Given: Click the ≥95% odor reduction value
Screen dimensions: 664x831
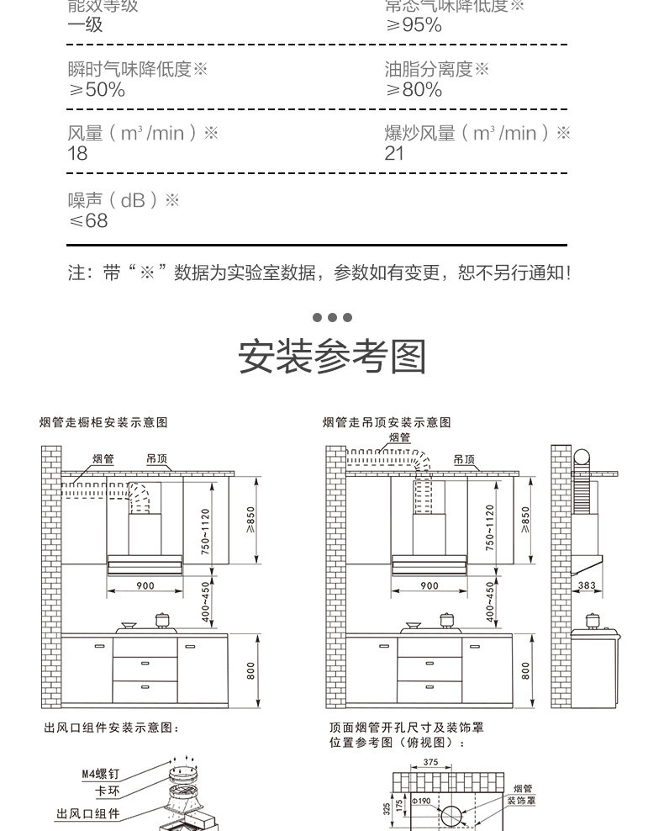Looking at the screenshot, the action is point(414,25).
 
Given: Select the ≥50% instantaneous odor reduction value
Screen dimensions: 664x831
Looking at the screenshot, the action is point(96,90).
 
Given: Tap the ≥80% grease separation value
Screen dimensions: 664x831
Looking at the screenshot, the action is point(414,90).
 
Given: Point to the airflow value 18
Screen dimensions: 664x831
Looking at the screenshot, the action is point(77,153).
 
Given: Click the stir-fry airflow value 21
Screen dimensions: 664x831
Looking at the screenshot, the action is point(394,153).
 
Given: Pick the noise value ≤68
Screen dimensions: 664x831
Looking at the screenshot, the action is point(88,220).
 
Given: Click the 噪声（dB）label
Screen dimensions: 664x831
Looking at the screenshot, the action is point(124,200).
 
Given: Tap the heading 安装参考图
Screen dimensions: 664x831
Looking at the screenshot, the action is point(332,357).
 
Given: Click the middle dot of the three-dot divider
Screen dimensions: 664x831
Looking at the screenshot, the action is point(332,318).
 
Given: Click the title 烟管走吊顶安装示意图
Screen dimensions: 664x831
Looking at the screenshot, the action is point(387,423).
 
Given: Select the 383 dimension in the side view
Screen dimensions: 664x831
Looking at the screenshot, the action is point(588,585).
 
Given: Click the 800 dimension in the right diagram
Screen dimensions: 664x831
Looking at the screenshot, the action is point(525,670).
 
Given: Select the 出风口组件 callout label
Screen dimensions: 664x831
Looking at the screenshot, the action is point(87,814).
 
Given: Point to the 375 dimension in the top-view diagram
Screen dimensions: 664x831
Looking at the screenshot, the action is point(430,762).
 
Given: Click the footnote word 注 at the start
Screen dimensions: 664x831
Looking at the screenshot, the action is point(76,273).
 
